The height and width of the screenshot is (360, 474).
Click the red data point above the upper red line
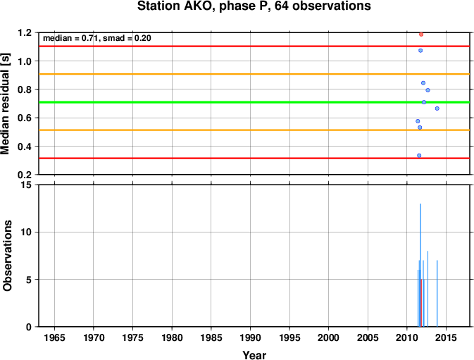tap(421, 35)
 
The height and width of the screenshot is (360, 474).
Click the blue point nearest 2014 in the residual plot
tap(437, 108)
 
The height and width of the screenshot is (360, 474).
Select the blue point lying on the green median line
tap(424, 102)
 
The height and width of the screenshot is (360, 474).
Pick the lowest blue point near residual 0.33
tap(419, 156)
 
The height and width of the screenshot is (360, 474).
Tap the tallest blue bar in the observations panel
tap(420, 265)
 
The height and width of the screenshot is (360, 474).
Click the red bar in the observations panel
tap(421, 303)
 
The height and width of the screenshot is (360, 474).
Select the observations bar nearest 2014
tap(437, 294)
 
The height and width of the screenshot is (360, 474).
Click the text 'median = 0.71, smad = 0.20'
tap(97, 38)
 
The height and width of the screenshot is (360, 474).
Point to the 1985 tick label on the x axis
tap(211, 337)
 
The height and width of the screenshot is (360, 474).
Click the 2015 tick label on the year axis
tap(446, 337)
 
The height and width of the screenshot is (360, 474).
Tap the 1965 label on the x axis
tap(54, 337)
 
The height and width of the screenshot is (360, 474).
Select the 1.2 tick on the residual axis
tap(25, 32)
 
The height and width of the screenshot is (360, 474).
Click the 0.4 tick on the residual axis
tap(25, 147)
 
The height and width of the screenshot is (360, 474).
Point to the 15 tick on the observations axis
tap(27, 185)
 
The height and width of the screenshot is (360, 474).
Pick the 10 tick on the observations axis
tap(27, 232)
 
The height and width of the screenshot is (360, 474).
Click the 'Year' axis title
tap(254, 355)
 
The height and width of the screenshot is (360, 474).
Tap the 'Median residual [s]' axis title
tap(6, 104)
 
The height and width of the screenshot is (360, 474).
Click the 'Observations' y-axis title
tap(7, 256)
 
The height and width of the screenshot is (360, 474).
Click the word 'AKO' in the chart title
tap(197, 6)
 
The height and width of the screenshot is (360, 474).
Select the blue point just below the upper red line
tap(420, 51)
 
